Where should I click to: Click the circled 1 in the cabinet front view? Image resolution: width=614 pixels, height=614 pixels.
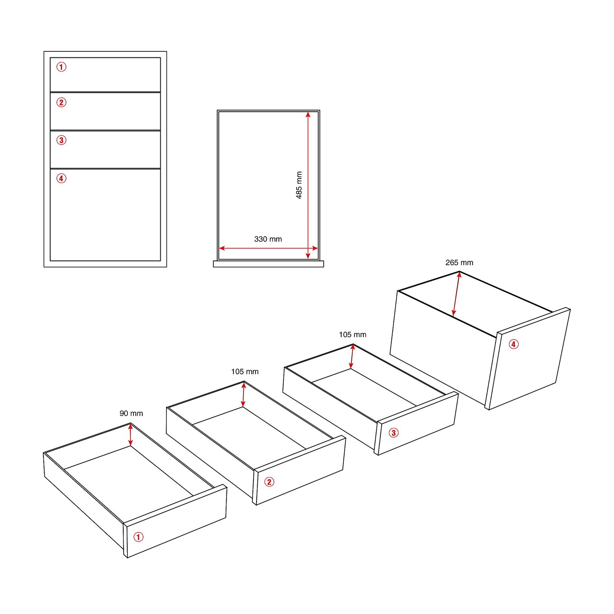point(62,67)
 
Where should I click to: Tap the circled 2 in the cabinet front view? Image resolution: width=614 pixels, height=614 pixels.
point(62,102)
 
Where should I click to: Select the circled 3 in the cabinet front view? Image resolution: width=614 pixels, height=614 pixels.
point(62,140)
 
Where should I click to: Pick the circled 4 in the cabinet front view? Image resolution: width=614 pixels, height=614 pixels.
point(62,178)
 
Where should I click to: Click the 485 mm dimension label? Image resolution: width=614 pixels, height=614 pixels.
point(299,185)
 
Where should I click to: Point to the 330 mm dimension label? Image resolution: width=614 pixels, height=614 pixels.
point(268,239)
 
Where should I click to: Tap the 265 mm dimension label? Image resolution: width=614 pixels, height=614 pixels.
point(459,263)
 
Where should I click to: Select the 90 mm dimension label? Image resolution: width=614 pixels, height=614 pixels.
point(131,413)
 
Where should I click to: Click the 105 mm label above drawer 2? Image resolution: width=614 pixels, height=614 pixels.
point(245,372)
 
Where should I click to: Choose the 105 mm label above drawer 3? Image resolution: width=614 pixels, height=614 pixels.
point(352,335)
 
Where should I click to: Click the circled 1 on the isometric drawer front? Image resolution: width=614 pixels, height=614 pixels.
point(139,537)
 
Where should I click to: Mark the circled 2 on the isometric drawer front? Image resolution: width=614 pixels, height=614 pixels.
point(269,482)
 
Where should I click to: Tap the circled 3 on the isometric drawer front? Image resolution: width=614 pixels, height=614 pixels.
point(393,433)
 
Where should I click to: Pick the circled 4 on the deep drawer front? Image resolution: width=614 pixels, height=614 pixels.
point(514,344)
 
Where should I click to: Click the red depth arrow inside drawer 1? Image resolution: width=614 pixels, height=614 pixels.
point(130,435)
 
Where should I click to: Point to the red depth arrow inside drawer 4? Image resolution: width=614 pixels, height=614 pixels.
point(456,294)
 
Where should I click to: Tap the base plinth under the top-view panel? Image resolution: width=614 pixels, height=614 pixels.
point(268,264)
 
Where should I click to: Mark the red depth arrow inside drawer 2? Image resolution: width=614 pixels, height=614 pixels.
point(243,395)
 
